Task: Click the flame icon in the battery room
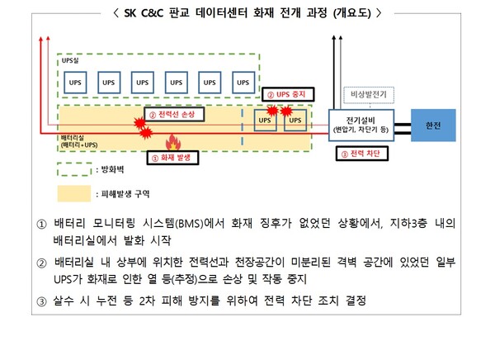click(172, 141)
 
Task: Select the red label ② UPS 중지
click(285, 95)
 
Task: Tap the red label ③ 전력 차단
click(361, 154)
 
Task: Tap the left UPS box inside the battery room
click(264, 121)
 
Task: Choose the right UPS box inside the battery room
click(295, 121)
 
